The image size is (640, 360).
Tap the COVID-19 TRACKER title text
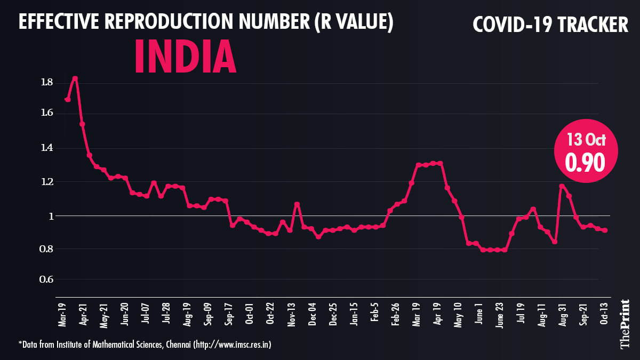coord(551,24)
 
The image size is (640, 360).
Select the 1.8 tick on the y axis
coord(46,82)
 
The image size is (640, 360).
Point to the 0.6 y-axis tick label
coord(46,280)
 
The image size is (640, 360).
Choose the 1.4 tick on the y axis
coord(46,148)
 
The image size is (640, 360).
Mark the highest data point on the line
coord(75,78)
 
